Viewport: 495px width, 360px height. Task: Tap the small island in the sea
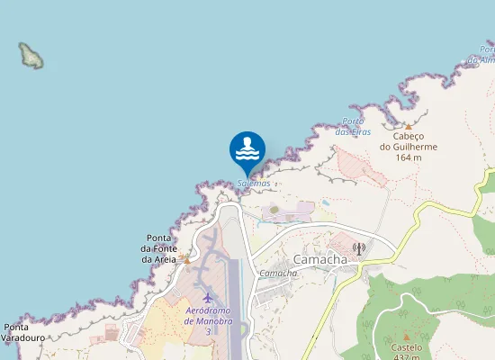pyautogui.click(x=32, y=56)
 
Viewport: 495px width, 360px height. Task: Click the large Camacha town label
pyautogui.click(x=319, y=259)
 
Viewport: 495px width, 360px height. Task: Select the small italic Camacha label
pyautogui.click(x=278, y=273)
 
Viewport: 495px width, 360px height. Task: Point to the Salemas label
pyautogui.click(x=254, y=184)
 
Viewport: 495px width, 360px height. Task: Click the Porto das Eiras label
pyautogui.click(x=353, y=127)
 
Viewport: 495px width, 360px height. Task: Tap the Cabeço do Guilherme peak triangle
pyautogui.click(x=408, y=127)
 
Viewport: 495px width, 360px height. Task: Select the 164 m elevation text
pyautogui.click(x=409, y=157)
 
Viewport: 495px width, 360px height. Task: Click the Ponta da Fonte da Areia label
pyautogui.click(x=159, y=249)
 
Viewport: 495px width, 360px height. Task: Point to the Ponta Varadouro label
pyautogui.click(x=23, y=333)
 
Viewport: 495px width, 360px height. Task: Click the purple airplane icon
pyautogui.click(x=209, y=297)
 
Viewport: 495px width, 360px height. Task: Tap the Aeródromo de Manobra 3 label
pyautogui.click(x=209, y=320)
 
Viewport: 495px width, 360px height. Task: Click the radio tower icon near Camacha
pyautogui.click(x=358, y=247)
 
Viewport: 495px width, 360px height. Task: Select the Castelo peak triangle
pyautogui.click(x=406, y=336)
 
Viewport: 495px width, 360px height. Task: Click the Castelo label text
pyautogui.click(x=406, y=346)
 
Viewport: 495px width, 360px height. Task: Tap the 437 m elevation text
pyautogui.click(x=406, y=356)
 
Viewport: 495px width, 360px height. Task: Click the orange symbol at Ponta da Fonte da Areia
pyautogui.click(x=185, y=258)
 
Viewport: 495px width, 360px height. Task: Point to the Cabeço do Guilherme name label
pyautogui.click(x=409, y=142)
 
